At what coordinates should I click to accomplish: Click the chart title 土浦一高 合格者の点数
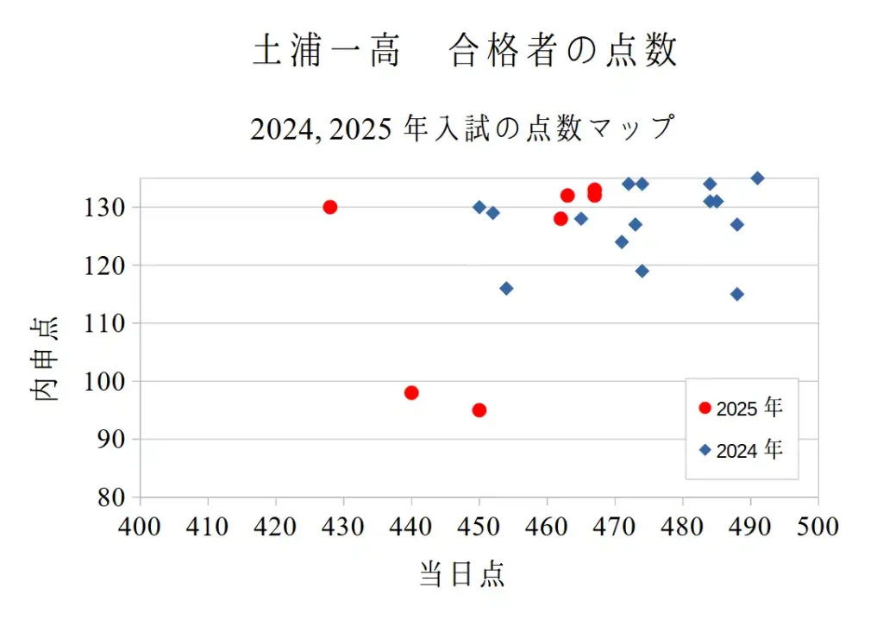(x=466, y=52)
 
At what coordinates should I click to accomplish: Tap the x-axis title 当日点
(x=461, y=573)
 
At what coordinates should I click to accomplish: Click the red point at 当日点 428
(x=329, y=207)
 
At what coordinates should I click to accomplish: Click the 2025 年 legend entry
(x=742, y=408)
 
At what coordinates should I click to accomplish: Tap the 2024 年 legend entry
(x=742, y=449)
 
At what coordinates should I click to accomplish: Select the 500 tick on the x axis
(x=817, y=526)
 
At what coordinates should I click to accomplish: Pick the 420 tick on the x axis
(x=276, y=526)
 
